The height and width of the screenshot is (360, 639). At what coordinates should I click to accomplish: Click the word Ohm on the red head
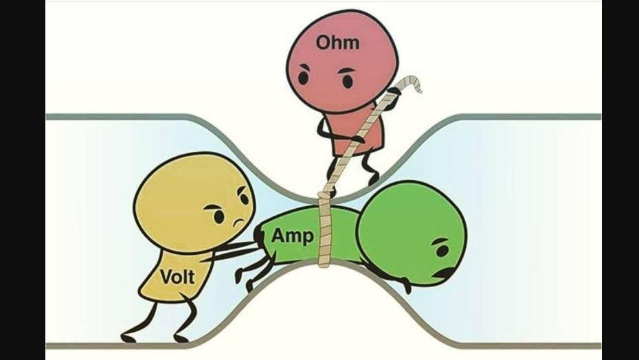337,43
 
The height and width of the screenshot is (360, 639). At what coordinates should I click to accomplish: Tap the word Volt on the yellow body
178,277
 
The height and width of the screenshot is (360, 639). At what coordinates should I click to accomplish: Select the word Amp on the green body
293,236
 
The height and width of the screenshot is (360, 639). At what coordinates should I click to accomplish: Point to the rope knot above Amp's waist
325,199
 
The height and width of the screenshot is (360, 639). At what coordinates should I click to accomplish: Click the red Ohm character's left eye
303,77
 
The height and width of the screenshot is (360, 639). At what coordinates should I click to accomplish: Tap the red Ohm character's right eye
347,80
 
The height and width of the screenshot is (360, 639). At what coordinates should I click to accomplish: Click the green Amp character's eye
442,250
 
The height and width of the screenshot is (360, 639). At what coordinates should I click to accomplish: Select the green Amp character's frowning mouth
446,272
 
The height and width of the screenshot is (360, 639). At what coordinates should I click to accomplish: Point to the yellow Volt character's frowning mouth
239,223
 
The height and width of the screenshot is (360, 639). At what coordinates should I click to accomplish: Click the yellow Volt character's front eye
219,216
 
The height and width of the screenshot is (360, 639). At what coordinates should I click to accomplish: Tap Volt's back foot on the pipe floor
128,338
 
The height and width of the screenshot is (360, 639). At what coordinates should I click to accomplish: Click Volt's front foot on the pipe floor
181,338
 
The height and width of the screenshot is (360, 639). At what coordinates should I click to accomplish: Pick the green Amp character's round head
412,232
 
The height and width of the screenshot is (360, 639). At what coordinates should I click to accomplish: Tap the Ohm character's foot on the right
372,179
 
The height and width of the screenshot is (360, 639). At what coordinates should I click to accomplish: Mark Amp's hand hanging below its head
406,285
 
